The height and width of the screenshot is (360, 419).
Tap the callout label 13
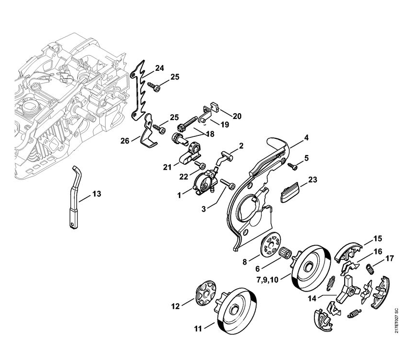click(96, 194)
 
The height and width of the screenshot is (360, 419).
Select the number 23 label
click(312, 180)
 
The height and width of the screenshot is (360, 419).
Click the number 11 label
click(198, 329)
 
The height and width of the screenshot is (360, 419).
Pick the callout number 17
click(390, 259)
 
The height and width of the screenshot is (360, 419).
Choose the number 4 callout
click(306, 137)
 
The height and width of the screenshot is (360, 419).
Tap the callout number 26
click(124, 141)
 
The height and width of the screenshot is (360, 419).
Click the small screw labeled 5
click(292, 165)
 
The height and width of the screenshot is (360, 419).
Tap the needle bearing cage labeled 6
click(287, 252)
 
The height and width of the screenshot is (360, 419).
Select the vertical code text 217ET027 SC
click(396, 320)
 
